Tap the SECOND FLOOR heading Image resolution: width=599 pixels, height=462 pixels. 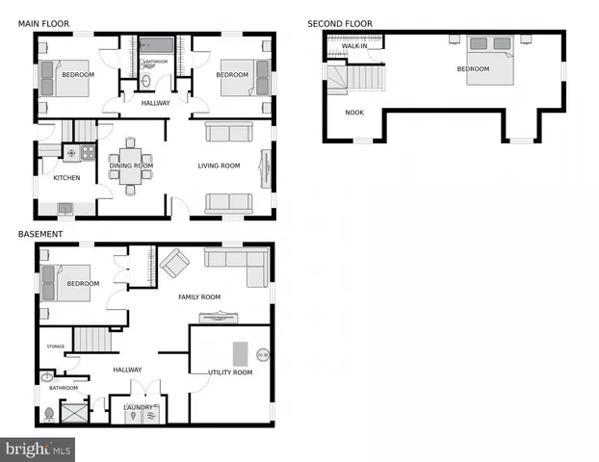point(340,24)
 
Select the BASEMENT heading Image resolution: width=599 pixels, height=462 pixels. point(40,234)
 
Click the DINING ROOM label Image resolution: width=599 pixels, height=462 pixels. point(131,166)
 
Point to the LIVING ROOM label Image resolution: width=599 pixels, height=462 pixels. point(220,166)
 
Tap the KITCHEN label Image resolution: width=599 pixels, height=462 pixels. point(66,178)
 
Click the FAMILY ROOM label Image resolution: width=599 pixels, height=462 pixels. point(199,297)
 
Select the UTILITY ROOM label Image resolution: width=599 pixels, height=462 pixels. point(230,372)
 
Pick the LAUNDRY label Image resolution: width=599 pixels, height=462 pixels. point(139,406)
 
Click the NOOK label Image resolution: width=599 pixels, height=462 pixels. point(354,113)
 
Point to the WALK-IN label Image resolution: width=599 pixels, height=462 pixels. point(354,45)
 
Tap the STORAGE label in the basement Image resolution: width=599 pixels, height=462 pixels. point(56,346)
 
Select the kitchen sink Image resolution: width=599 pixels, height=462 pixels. point(65,208)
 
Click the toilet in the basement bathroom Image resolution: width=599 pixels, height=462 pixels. point(49,413)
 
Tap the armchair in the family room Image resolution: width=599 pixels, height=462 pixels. point(175,262)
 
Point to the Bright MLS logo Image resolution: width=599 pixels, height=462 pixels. point(39,449)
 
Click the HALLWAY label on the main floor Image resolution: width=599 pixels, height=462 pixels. point(155,103)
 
